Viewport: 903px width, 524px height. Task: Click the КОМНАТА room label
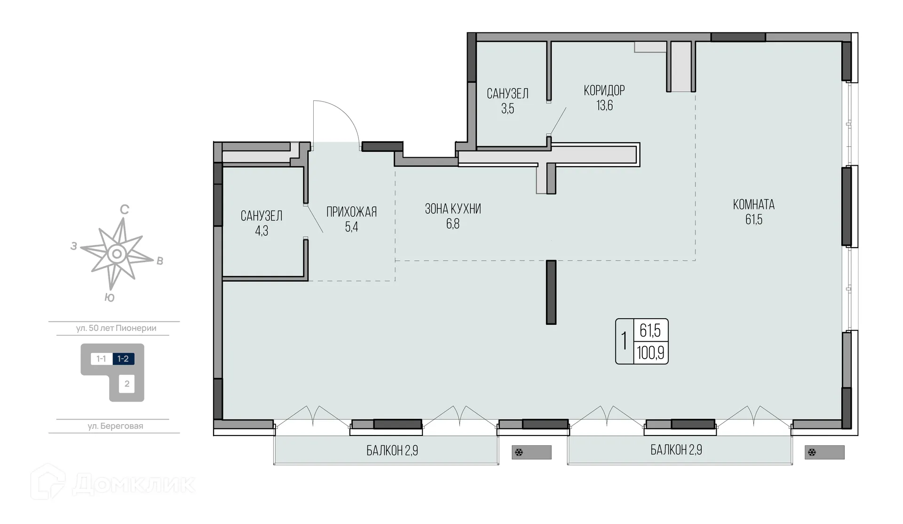(753, 205)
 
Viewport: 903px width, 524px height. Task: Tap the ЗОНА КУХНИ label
(453, 209)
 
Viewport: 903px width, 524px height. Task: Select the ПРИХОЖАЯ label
(352, 212)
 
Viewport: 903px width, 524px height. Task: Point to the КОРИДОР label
(604, 90)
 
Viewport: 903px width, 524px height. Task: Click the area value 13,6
(605, 105)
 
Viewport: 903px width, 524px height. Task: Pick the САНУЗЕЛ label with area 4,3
(261, 216)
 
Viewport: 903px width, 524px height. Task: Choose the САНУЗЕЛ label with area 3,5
(507, 94)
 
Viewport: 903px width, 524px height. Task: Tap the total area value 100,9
(650, 353)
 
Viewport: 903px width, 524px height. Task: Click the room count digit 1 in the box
(624, 341)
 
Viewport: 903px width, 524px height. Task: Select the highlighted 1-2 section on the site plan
(123, 359)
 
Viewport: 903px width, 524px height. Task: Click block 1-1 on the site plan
(101, 359)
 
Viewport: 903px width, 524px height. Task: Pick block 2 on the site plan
(127, 384)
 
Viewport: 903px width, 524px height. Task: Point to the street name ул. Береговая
(115, 426)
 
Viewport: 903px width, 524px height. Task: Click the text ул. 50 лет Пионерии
(116, 328)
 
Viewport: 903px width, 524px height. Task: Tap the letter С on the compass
(125, 210)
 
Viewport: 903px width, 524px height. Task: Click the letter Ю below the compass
(110, 298)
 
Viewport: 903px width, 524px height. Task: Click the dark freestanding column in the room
(551, 292)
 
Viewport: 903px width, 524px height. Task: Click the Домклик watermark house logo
(48, 482)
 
